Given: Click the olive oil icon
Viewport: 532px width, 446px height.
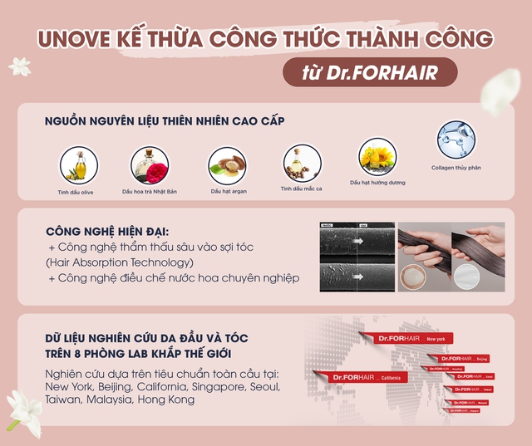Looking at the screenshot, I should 76,164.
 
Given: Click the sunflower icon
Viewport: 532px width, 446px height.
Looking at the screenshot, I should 377,156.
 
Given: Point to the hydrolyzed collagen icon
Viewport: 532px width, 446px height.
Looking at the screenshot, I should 456,140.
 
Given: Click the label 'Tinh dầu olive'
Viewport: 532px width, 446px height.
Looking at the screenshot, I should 76,192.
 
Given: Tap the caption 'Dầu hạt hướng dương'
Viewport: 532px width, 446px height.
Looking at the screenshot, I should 377,183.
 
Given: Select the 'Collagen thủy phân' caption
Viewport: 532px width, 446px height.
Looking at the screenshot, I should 456,167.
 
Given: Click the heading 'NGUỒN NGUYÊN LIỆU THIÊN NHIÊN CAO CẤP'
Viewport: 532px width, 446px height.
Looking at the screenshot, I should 165,121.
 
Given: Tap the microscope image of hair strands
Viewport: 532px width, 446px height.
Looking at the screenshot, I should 356,255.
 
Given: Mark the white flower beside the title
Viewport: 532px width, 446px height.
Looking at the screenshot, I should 19,66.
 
